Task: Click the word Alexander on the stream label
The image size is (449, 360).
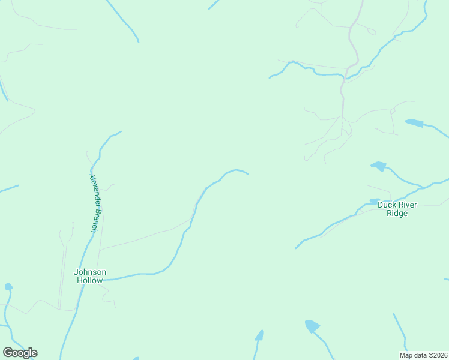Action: click(94, 187)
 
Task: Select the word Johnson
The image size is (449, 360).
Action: click(90, 272)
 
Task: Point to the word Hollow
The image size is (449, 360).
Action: click(90, 280)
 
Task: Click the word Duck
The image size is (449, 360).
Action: click(386, 205)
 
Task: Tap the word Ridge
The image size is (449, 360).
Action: click(397, 213)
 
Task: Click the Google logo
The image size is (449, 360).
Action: click(20, 353)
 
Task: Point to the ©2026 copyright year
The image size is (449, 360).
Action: click(438, 355)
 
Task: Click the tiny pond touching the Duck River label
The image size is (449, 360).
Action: click(374, 201)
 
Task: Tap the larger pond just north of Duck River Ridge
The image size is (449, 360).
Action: click(378, 165)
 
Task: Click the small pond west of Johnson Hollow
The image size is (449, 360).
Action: click(8, 287)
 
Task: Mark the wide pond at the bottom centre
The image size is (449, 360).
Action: click(312, 326)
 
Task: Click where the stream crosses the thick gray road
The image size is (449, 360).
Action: click(344, 76)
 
